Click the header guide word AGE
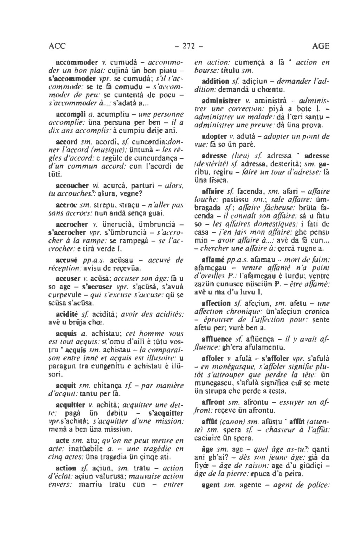coord(320,46)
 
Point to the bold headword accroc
coord(66,204)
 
